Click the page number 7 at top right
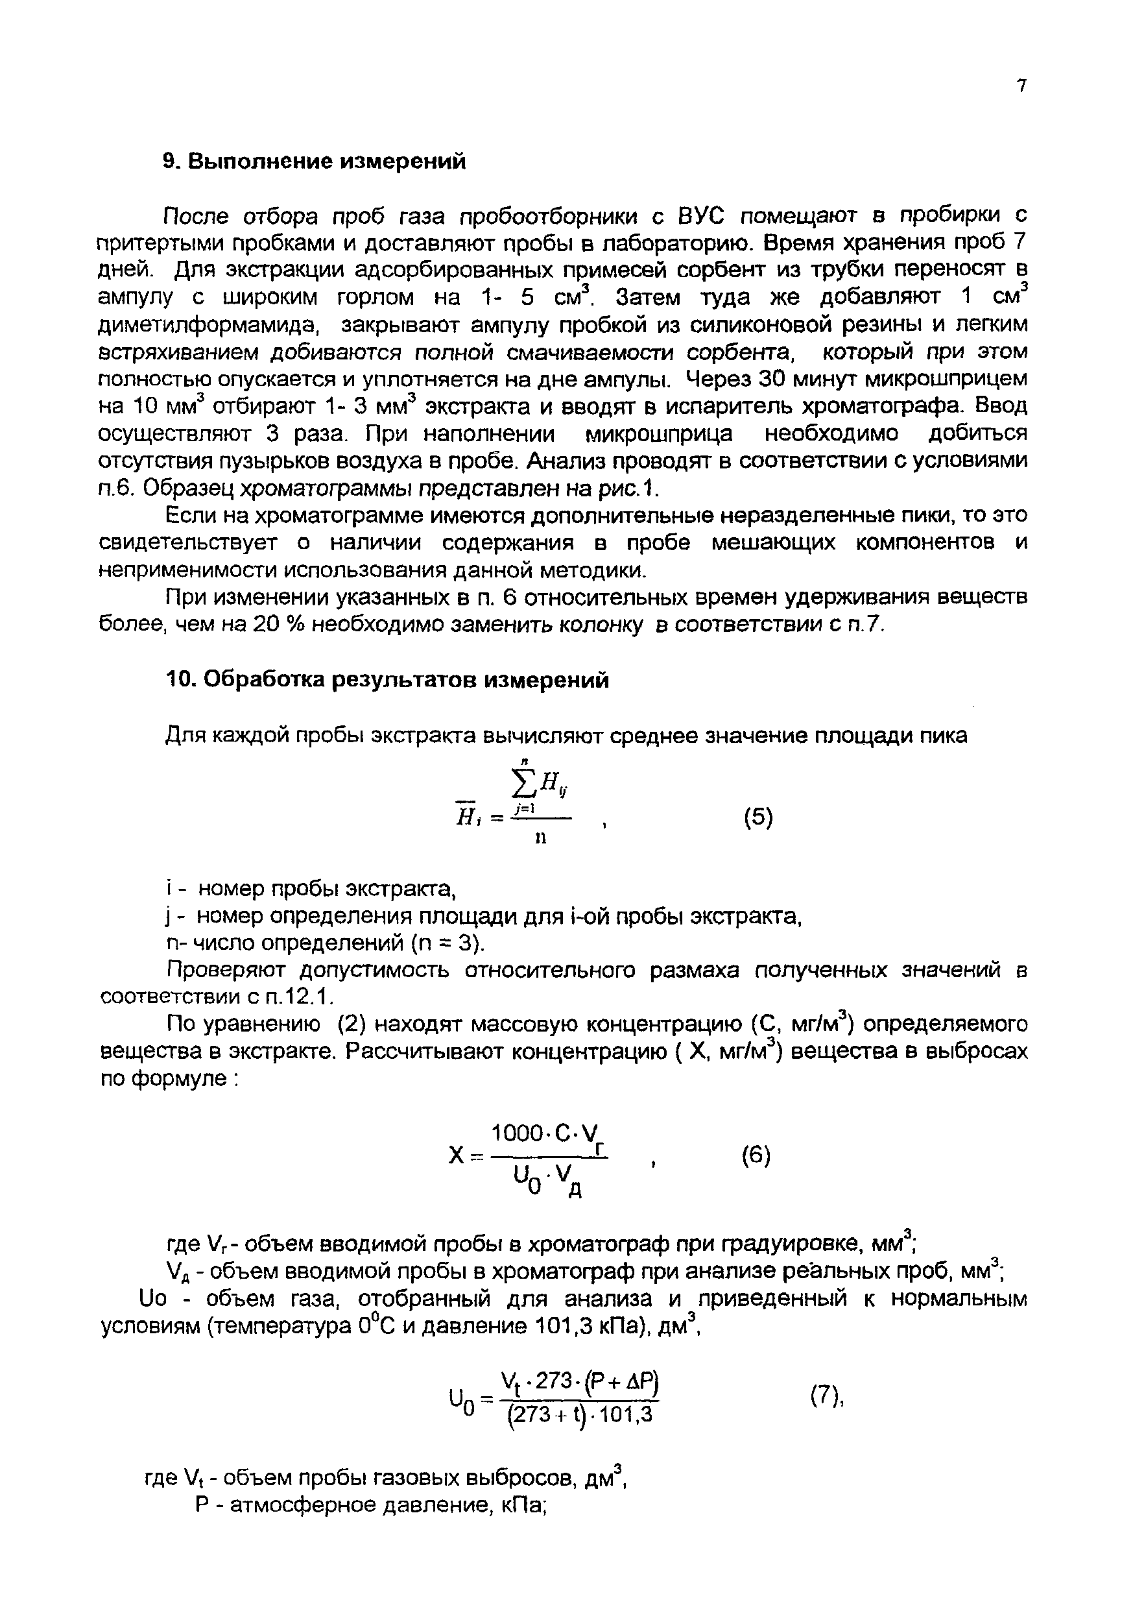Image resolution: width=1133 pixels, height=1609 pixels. [1021, 86]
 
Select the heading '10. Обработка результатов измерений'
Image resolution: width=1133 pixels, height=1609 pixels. [387, 680]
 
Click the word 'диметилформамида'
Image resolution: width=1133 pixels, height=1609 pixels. [208, 324]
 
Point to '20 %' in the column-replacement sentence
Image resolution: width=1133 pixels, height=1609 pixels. [277, 624]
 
